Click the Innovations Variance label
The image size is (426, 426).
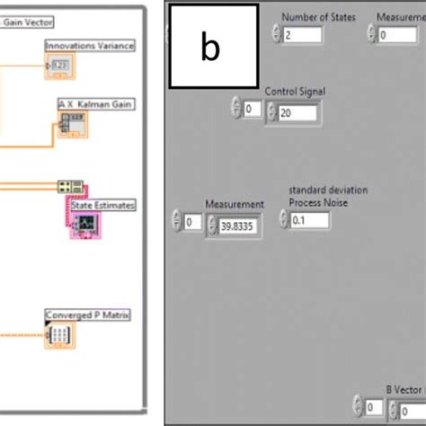90,46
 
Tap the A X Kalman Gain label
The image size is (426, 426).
95,105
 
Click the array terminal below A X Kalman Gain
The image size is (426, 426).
68,124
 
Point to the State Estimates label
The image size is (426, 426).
103,206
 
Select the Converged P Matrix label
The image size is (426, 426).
88,315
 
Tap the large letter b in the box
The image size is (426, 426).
209,48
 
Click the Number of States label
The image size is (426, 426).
318,17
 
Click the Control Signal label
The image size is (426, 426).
295,92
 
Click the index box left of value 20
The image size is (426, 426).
252,110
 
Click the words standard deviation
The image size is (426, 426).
328,191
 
